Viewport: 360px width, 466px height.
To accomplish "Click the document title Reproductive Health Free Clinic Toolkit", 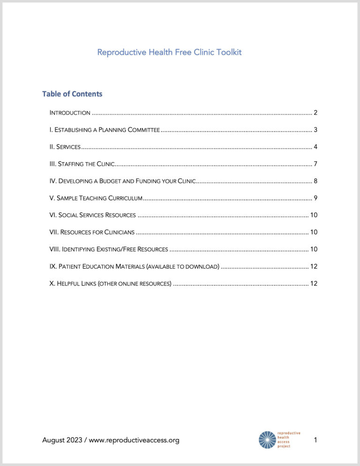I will pos(169,52).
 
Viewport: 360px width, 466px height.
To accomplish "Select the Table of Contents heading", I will pos(72,94).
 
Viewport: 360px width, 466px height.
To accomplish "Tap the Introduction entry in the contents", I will pos(70,113).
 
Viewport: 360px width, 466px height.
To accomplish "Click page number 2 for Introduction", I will pos(315,113).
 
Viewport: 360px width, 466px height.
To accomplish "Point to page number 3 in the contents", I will pos(315,130).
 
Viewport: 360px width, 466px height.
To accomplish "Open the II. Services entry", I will pos(65,147).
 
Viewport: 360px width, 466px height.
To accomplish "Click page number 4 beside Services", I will pos(315,147).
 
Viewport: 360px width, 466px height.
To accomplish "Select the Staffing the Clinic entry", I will pos(82,164).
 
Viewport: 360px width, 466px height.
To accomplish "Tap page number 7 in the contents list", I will pos(315,164).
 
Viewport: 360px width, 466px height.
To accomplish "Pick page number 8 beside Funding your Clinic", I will pos(315,181).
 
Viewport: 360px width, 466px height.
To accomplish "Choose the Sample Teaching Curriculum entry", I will pos(96,198).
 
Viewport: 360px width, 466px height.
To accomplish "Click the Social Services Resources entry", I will pos(92,215).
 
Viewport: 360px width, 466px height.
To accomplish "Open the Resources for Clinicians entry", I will pos(92,232).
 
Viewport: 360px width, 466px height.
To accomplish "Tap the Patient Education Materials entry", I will pos(134,266).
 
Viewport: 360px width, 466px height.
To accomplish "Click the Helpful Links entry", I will pos(110,283).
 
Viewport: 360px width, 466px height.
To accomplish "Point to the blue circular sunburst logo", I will pos(268,440).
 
